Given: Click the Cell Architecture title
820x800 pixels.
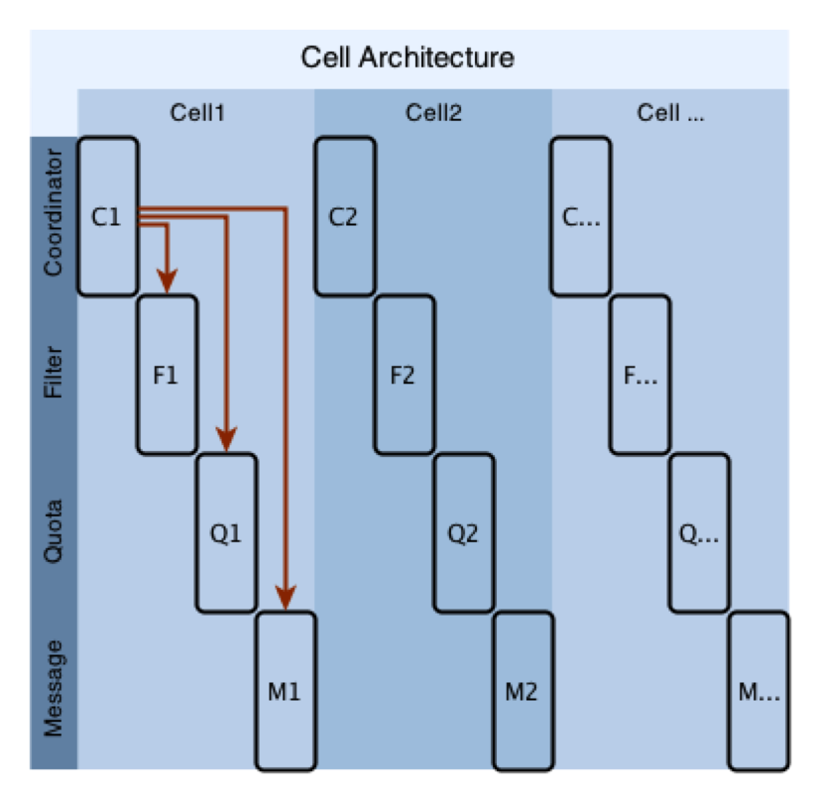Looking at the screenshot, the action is pos(408,57).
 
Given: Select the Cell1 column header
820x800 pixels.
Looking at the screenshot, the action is pos(197,112).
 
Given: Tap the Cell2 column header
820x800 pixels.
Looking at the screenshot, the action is pos(433,112).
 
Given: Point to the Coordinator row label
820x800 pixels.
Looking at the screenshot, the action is pos(54,212).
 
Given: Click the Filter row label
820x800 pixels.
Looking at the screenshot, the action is pos(54,373).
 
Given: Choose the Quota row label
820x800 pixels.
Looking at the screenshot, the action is pos(54,531).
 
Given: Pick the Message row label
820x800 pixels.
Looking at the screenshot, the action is pos(54,688).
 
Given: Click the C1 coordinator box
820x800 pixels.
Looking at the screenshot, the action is pos(108,216).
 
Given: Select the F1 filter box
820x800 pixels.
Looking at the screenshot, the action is pos(168,375).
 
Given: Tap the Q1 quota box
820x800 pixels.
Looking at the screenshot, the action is pos(226,532).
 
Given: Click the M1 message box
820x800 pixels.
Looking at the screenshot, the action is pos(286,691).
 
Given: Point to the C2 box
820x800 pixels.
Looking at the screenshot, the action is pos(345,216).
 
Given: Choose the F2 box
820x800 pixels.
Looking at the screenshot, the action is pos(405,375).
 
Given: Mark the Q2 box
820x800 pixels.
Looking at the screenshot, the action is pos(464,532).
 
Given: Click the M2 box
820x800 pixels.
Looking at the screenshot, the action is pos(523,691).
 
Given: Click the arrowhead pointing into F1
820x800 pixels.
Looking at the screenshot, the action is pos(167,282).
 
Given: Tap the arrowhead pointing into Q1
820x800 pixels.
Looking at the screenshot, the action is pos(226,439).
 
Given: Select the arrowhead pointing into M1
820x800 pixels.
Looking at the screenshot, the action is pos(286,598).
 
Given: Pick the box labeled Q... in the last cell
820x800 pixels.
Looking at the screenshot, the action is pos(699,532).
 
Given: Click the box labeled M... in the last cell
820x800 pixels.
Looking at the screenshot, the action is pos(759,691).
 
